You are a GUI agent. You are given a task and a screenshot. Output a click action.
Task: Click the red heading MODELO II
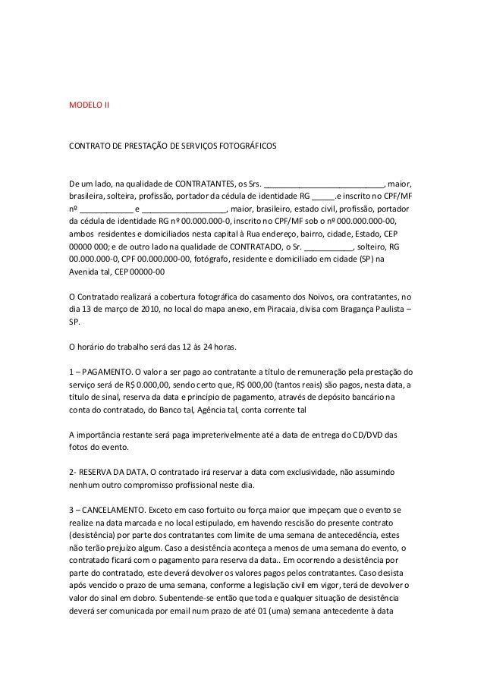89,102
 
